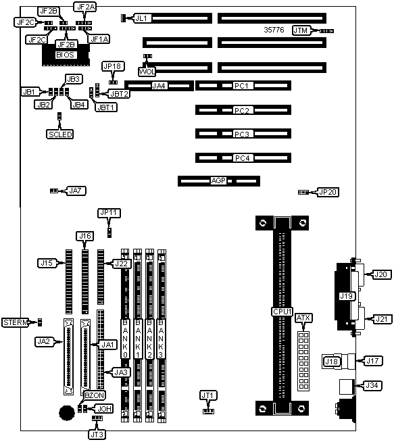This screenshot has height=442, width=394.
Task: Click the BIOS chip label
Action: (65, 55)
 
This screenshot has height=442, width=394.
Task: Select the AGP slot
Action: (219, 181)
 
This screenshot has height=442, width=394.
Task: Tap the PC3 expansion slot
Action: (243, 134)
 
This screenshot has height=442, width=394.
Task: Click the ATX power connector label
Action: (303, 318)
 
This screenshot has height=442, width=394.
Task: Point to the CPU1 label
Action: (282, 312)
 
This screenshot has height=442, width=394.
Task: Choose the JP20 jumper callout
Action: (328, 192)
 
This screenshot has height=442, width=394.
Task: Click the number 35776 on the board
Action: (274, 30)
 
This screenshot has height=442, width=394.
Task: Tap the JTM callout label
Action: (301, 30)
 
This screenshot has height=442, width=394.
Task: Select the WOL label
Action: (147, 72)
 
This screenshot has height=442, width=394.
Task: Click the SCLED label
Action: (60, 134)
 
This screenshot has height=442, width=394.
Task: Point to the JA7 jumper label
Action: (75, 191)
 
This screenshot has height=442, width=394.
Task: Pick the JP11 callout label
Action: (109, 212)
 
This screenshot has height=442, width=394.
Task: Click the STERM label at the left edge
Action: (16, 322)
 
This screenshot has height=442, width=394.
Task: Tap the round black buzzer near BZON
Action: (67, 413)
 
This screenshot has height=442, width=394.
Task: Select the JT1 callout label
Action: (207, 395)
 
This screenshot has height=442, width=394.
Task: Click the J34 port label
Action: (372, 385)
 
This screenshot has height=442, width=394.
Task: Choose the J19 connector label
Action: (346, 296)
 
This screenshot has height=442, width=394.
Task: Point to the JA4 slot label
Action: (159, 86)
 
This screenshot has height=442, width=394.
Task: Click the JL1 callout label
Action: (141, 18)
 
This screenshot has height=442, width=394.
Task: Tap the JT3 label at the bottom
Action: (97, 435)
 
